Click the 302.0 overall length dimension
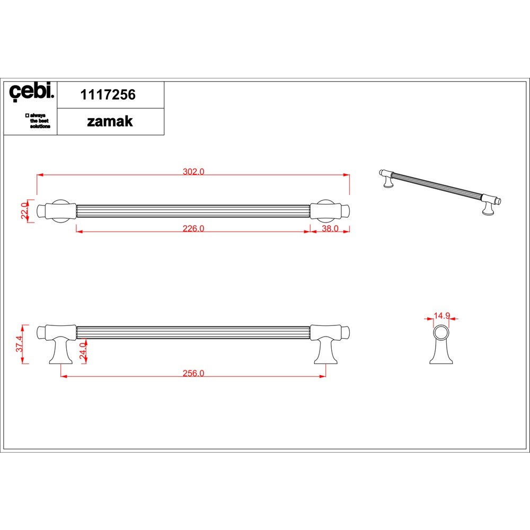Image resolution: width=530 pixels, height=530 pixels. (193, 171)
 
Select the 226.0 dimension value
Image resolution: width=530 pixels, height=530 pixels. (193, 228)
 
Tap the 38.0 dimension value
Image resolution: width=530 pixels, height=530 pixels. (330, 228)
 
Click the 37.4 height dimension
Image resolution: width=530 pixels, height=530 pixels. (20, 344)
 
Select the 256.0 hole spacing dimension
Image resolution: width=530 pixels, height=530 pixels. (193, 373)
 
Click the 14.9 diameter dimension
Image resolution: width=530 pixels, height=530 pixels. (441, 316)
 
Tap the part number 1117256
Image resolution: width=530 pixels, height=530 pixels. (108, 95)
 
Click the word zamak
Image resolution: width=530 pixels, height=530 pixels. (110, 121)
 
